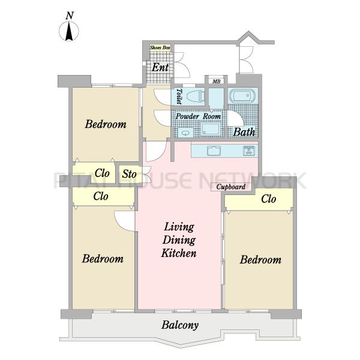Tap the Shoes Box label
coord(160,48)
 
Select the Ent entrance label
coord(160,67)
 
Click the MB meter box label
coord(216,81)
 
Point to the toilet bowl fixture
coord(196,96)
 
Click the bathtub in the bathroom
coord(242,95)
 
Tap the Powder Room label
coord(198,116)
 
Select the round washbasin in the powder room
coord(184,133)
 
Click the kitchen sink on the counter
coord(214,151)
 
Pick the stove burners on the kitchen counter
coord(249,151)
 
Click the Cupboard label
coord(231,187)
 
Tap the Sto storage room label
coord(129,174)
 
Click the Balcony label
coord(180,325)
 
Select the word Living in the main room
coord(179,227)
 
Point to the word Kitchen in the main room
coord(179,253)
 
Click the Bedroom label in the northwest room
coord(106,124)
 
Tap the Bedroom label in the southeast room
coord(260,260)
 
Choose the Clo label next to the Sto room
coord(102,173)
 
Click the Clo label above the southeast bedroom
coord(269,199)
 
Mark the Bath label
coord(244,132)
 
